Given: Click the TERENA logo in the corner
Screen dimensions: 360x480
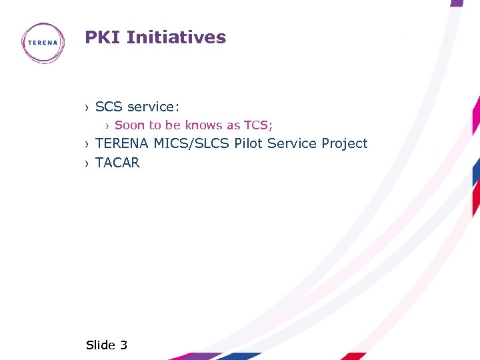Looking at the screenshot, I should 44,43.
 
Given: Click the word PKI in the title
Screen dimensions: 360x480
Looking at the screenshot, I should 103,37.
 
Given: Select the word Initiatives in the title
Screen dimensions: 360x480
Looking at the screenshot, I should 176,37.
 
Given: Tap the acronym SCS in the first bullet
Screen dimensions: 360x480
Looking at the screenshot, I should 109,107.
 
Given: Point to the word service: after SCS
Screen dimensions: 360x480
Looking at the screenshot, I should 153,107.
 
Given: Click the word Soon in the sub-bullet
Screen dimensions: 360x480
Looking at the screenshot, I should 129,125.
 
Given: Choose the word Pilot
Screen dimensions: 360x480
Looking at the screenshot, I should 249,143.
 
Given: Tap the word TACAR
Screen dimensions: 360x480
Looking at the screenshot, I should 118,163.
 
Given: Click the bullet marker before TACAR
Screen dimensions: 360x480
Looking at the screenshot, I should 87,163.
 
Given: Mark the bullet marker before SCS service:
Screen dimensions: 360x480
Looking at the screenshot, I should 87,107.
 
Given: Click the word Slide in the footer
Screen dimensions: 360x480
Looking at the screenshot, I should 101,345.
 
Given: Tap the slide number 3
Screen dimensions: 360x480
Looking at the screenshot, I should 123,345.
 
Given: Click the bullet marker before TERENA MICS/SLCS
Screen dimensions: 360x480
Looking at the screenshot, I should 87,144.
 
